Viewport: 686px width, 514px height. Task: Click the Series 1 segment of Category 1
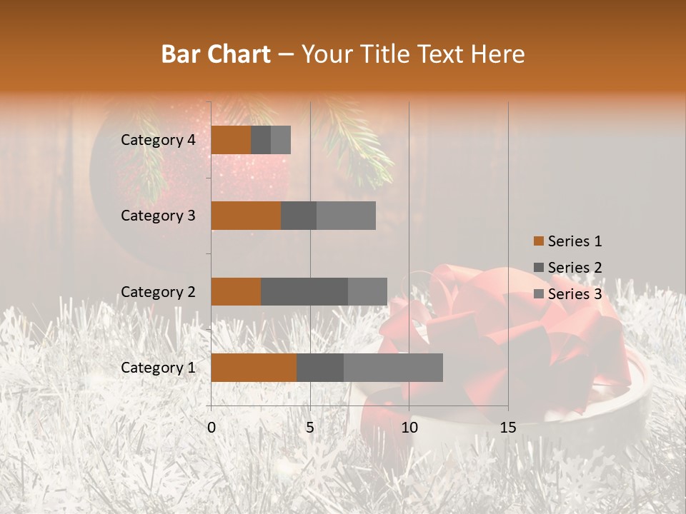[x=254, y=368]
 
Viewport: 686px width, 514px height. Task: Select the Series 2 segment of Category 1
[x=320, y=368]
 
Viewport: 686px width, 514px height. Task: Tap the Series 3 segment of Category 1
[x=393, y=368]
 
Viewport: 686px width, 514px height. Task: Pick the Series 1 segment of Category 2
[x=236, y=291]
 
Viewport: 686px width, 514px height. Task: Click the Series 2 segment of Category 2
[x=304, y=291]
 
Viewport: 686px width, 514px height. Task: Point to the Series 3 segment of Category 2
[x=367, y=291]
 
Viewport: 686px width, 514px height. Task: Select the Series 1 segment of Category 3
[x=246, y=216]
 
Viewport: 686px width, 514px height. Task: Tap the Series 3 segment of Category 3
[x=346, y=216]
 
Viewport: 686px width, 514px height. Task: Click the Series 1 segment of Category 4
[x=231, y=140]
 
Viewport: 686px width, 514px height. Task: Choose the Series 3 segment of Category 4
[x=281, y=140]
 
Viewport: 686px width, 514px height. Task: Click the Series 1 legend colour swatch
[x=538, y=241]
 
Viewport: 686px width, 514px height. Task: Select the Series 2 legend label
[x=575, y=268]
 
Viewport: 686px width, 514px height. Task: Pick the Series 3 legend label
[x=575, y=294]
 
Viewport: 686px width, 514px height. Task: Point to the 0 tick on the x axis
[x=212, y=428]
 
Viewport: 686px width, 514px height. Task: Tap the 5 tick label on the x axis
[x=310, y=428]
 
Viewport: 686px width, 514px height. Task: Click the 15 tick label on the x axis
[x=507, y=428]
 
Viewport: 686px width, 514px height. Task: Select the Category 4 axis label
[x=158, y=140]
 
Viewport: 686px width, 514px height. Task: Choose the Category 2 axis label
[x=158, y=291]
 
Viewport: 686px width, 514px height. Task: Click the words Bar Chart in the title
[x=216, y=54]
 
